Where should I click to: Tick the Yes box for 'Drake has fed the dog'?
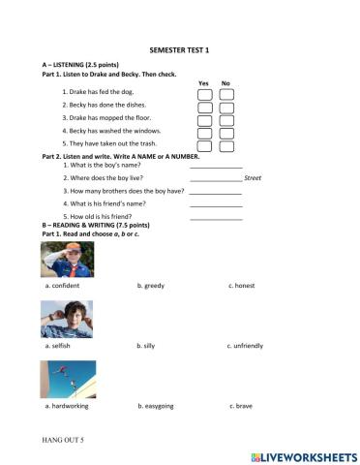(204, 94)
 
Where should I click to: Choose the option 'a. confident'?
(62, 286)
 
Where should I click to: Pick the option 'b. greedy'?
(151, 286)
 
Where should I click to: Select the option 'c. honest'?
(244, 286)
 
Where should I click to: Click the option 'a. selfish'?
(59, 346)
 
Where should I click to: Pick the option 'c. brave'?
(241, 406)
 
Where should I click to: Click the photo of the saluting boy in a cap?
(68, 260)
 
